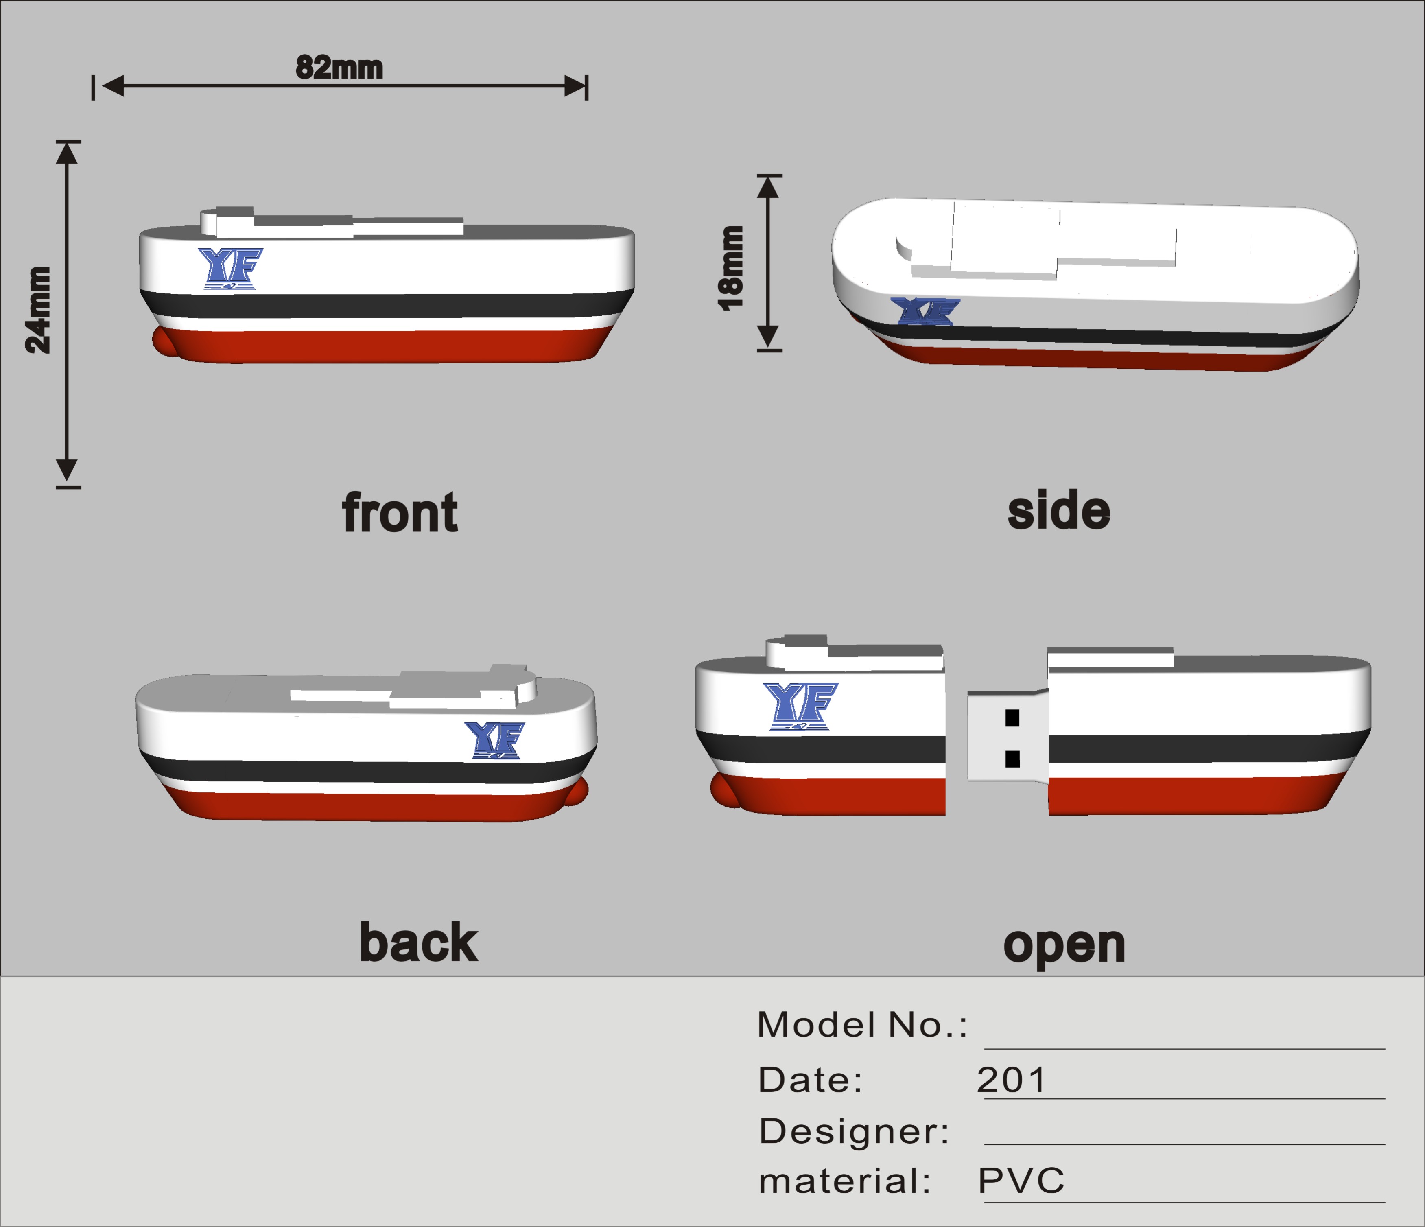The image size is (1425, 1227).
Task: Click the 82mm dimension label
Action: (x=339, y=68)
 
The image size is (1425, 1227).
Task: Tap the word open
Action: (x=1064, y=946)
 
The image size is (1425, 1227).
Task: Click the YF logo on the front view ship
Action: (x=230, y=268)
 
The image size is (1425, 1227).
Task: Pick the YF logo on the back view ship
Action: (x=494, y=740)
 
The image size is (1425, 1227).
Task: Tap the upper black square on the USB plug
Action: (x=1012, y=718)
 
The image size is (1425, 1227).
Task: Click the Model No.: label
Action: (x=862, y=1025)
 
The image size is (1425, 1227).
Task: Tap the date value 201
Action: (x=1011, y=1080)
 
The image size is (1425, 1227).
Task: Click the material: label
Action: (x=845, y=1181)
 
